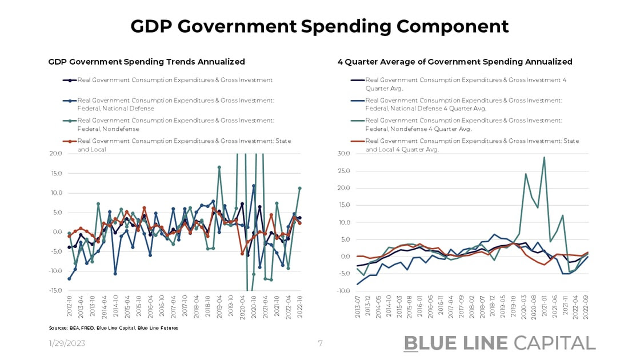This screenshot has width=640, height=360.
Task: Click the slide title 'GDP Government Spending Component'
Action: [319, 26]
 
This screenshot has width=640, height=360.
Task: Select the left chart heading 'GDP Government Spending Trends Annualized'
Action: [146, 62]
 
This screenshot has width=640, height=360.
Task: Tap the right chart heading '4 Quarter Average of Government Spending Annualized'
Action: [455, 62]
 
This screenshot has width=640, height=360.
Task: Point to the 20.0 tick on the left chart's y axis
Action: [55, 154]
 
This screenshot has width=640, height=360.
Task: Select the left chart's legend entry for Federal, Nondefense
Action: [176, 125]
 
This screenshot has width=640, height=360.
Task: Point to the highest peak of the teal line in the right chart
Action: [544, 157]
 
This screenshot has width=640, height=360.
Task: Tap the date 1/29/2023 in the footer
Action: [67, 343]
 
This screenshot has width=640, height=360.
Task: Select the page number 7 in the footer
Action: [321, 343]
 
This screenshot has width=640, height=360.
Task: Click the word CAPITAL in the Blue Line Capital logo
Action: [554, 343]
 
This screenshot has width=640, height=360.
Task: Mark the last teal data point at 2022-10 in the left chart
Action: [299, 188]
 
